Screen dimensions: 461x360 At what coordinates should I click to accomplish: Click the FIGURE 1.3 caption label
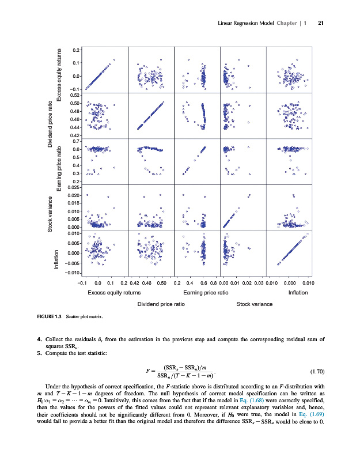click(50, 317)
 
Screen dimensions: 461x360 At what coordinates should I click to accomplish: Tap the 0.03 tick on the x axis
click(259, 284)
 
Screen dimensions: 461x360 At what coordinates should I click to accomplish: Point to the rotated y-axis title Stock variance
click(51, 215)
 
